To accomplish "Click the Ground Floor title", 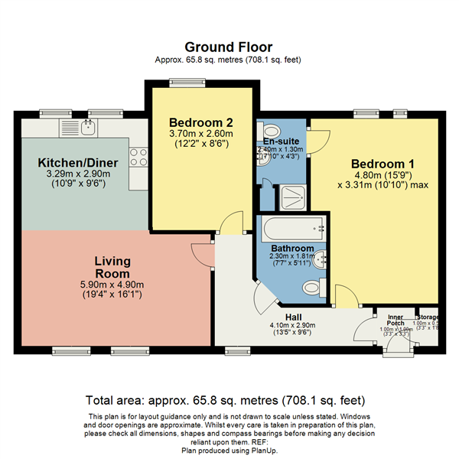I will pos(229,47).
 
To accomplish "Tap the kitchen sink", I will pos(90,125).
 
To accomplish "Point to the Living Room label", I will pos(112,267).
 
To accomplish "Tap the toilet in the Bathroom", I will pos(312,288).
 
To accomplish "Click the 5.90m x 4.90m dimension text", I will pos(112,285).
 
